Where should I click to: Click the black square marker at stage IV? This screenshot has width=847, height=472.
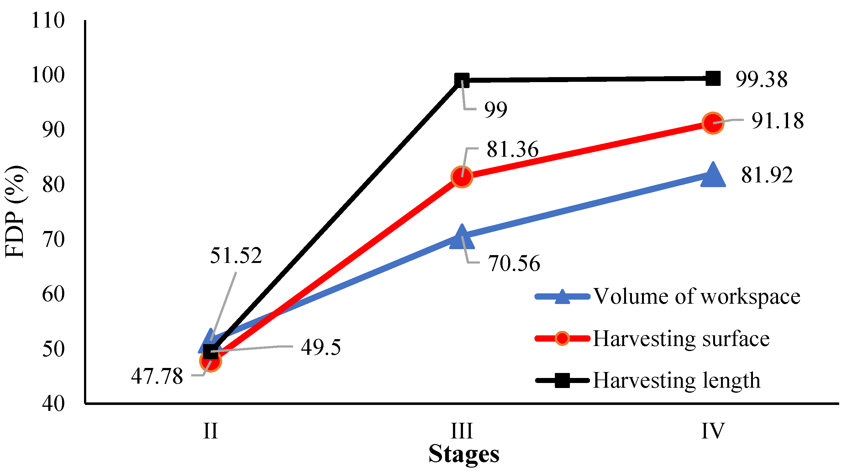[713, 79]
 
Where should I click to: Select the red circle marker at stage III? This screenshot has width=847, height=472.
[462, 177]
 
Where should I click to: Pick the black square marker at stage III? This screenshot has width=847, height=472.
[462, 80]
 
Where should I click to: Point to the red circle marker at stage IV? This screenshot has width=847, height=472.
[713, 123]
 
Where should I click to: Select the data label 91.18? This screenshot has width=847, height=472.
[777, 121]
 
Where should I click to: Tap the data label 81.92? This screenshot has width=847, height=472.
[767, 175]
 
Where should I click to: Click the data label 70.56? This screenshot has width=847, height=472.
[513, 264]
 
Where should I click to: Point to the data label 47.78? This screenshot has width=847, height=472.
[157, 376]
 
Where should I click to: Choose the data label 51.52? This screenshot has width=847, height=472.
[236, 255]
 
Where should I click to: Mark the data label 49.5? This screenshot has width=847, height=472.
[321, 348]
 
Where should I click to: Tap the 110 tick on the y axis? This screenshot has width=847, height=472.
[48, 20]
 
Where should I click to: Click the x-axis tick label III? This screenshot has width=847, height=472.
[462, 431]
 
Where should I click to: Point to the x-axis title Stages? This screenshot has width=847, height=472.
[464, 454]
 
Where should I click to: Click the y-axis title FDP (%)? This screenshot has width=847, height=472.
[15, 212]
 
